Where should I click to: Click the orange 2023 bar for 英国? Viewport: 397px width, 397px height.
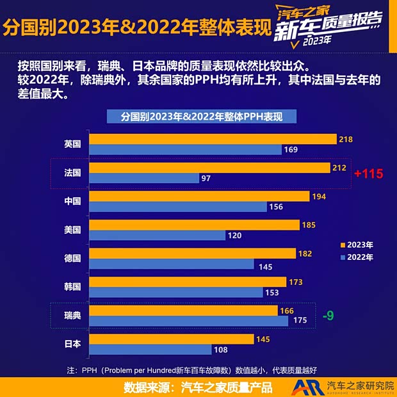[x=213, y=139]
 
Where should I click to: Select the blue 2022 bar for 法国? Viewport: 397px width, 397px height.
[x=144, y=178]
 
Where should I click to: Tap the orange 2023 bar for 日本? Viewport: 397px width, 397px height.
[x=172, y=339]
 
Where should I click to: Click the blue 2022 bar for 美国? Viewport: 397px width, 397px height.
[x=158, y=235]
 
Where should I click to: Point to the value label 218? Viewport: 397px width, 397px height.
[x=346, y=139]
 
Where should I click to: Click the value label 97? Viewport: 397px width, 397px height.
[x=206, y=178]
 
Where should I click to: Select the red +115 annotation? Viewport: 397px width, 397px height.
[x=368, y=174]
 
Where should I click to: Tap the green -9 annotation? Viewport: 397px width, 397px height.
[x=328, y=315]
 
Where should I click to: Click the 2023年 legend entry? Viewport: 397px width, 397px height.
[x=357, y=245]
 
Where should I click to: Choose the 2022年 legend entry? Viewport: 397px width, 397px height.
[x=357, y=257]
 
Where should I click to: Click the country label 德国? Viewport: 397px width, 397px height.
[x=72, y=258]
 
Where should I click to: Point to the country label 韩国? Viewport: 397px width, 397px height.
[x=72, y=286]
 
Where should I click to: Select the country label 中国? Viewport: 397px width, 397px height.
[x=72, y=200]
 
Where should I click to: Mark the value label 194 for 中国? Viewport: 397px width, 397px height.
[x=319, y=196]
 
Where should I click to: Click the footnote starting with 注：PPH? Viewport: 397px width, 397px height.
[x=192, y=369]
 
